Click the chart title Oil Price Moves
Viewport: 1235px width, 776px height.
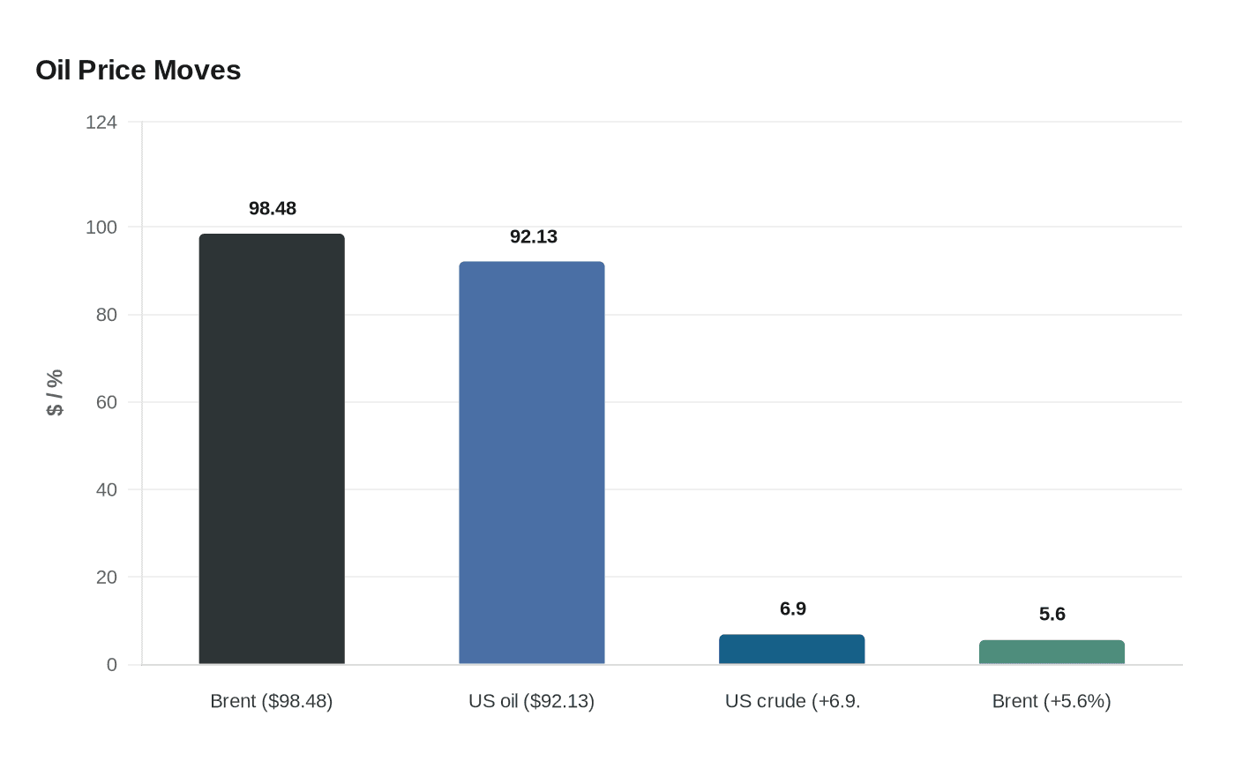pos(138,71)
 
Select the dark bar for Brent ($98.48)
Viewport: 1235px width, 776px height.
pos(272,449)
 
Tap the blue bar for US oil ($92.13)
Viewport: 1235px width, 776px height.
pos(532,463)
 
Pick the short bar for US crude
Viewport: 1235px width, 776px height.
pos(792,649)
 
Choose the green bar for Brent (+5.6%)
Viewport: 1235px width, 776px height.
pos(1052,653)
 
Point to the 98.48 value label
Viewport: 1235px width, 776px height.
pos(273,209)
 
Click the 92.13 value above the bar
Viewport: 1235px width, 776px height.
pos(534,236)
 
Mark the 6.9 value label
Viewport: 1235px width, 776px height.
pos(793,609)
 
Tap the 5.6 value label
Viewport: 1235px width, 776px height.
pos(1052,614)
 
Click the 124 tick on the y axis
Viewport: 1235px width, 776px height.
pos(101,123)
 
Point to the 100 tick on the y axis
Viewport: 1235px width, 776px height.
pos(101,228)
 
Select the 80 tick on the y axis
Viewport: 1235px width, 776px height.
pos(107,315)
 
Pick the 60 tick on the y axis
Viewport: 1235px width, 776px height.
pos(107,402)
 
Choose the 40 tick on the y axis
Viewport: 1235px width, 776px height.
pos(107,489)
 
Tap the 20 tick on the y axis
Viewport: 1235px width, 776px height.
pos(107,578)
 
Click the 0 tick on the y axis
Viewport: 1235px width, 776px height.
pos(112,665)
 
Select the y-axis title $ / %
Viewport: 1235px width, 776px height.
pos(55,392)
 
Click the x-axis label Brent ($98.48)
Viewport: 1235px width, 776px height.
pos(272,701)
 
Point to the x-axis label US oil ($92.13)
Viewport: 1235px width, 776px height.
pos(532,701)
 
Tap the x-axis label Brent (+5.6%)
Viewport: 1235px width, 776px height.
pos(1052,701)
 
